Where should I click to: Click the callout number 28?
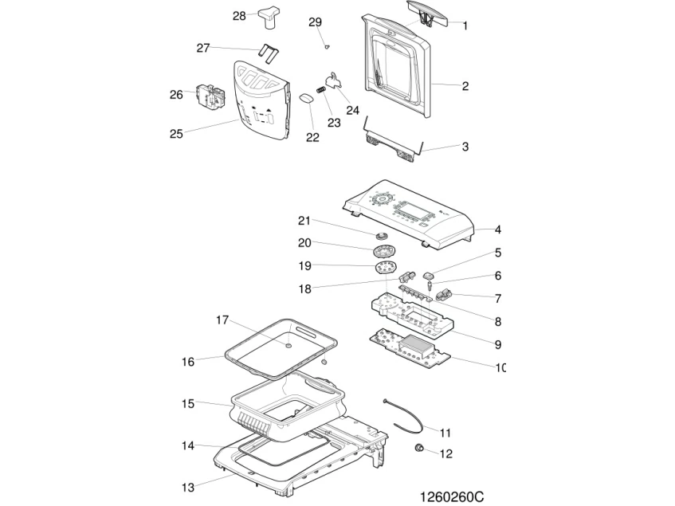[x=239, y=16]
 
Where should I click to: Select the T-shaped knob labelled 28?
[x=269, y=18]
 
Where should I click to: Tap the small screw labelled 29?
[x=327, y=46]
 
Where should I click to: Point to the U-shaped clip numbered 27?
[x=269, y=53]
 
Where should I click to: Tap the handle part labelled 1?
[x=426, y=12]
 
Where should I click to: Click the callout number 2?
[x=465, y=85]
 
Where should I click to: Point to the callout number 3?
[x=465, y=147]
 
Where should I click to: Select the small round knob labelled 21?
[x=381, y=235]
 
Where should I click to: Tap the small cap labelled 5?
[x=430, y=274]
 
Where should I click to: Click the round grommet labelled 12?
[x=418, y=449]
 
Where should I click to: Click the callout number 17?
[x=222, y=320]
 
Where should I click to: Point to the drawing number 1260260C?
[x=452, y=497]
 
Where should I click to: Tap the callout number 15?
[x=188, y=403]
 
